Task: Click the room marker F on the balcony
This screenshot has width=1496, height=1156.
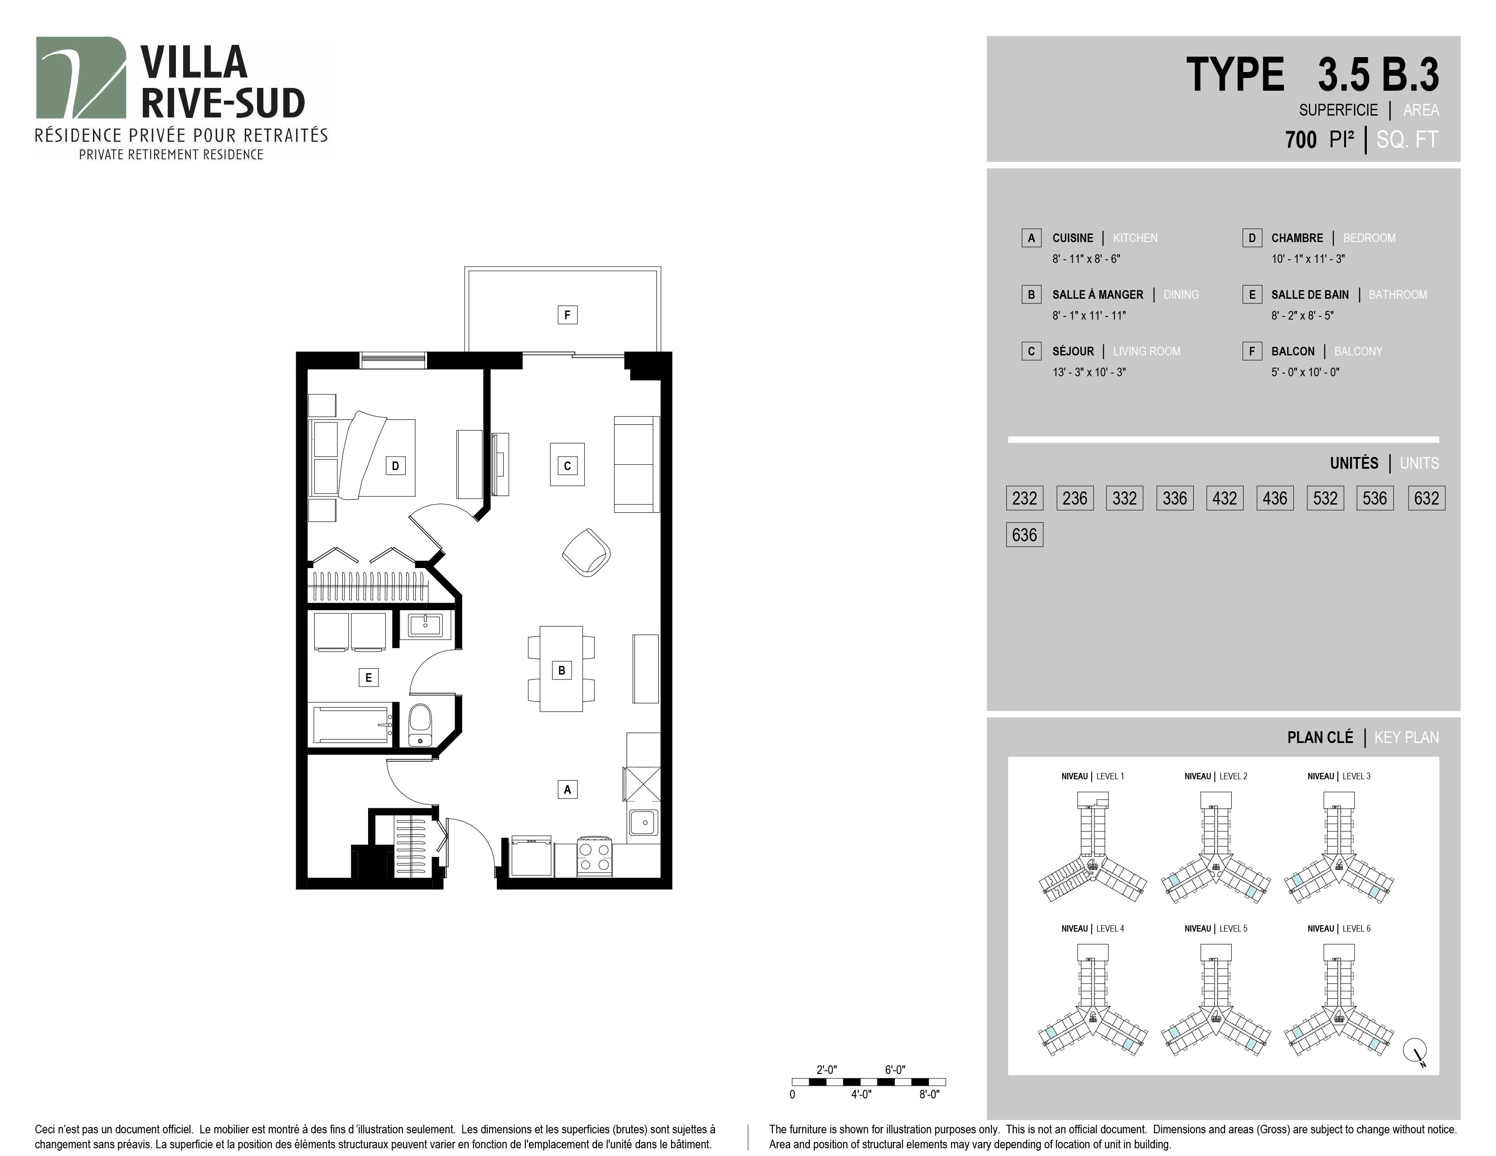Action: [567, 315]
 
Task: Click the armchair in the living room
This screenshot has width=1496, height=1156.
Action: [586, 552]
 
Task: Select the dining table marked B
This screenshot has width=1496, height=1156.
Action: [562, 669]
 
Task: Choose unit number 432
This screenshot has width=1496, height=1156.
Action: [1225, 498]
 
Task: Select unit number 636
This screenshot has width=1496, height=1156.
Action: [1025, 535]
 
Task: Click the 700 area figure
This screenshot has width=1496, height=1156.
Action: [1301, 140]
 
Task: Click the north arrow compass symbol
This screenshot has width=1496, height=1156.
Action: [1416, 1051]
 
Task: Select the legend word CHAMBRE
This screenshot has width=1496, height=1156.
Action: [1297, 238]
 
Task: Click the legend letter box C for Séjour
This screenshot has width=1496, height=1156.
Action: [1031, 351]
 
